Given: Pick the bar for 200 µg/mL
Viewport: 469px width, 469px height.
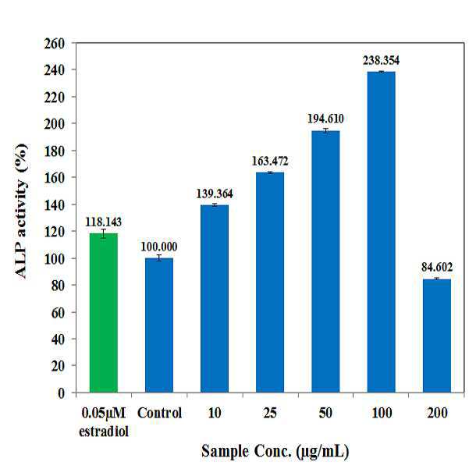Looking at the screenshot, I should (437, 336).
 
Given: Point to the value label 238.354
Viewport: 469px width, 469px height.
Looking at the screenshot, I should (381, 59).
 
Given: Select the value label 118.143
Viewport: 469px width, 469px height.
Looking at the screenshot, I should (103, 221).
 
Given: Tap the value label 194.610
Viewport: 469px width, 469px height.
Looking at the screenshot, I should (325, 119).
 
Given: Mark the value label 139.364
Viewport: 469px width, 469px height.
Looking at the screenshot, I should (215, 193).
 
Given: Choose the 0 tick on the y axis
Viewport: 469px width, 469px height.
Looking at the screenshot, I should (63, 393).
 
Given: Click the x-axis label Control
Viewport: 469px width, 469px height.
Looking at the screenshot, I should (159, 413).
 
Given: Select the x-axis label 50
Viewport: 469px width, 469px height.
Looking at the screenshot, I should (325, 413).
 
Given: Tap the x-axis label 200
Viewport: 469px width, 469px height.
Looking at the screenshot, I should (437, 413).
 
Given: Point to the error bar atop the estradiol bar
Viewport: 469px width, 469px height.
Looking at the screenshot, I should (103, 233).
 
